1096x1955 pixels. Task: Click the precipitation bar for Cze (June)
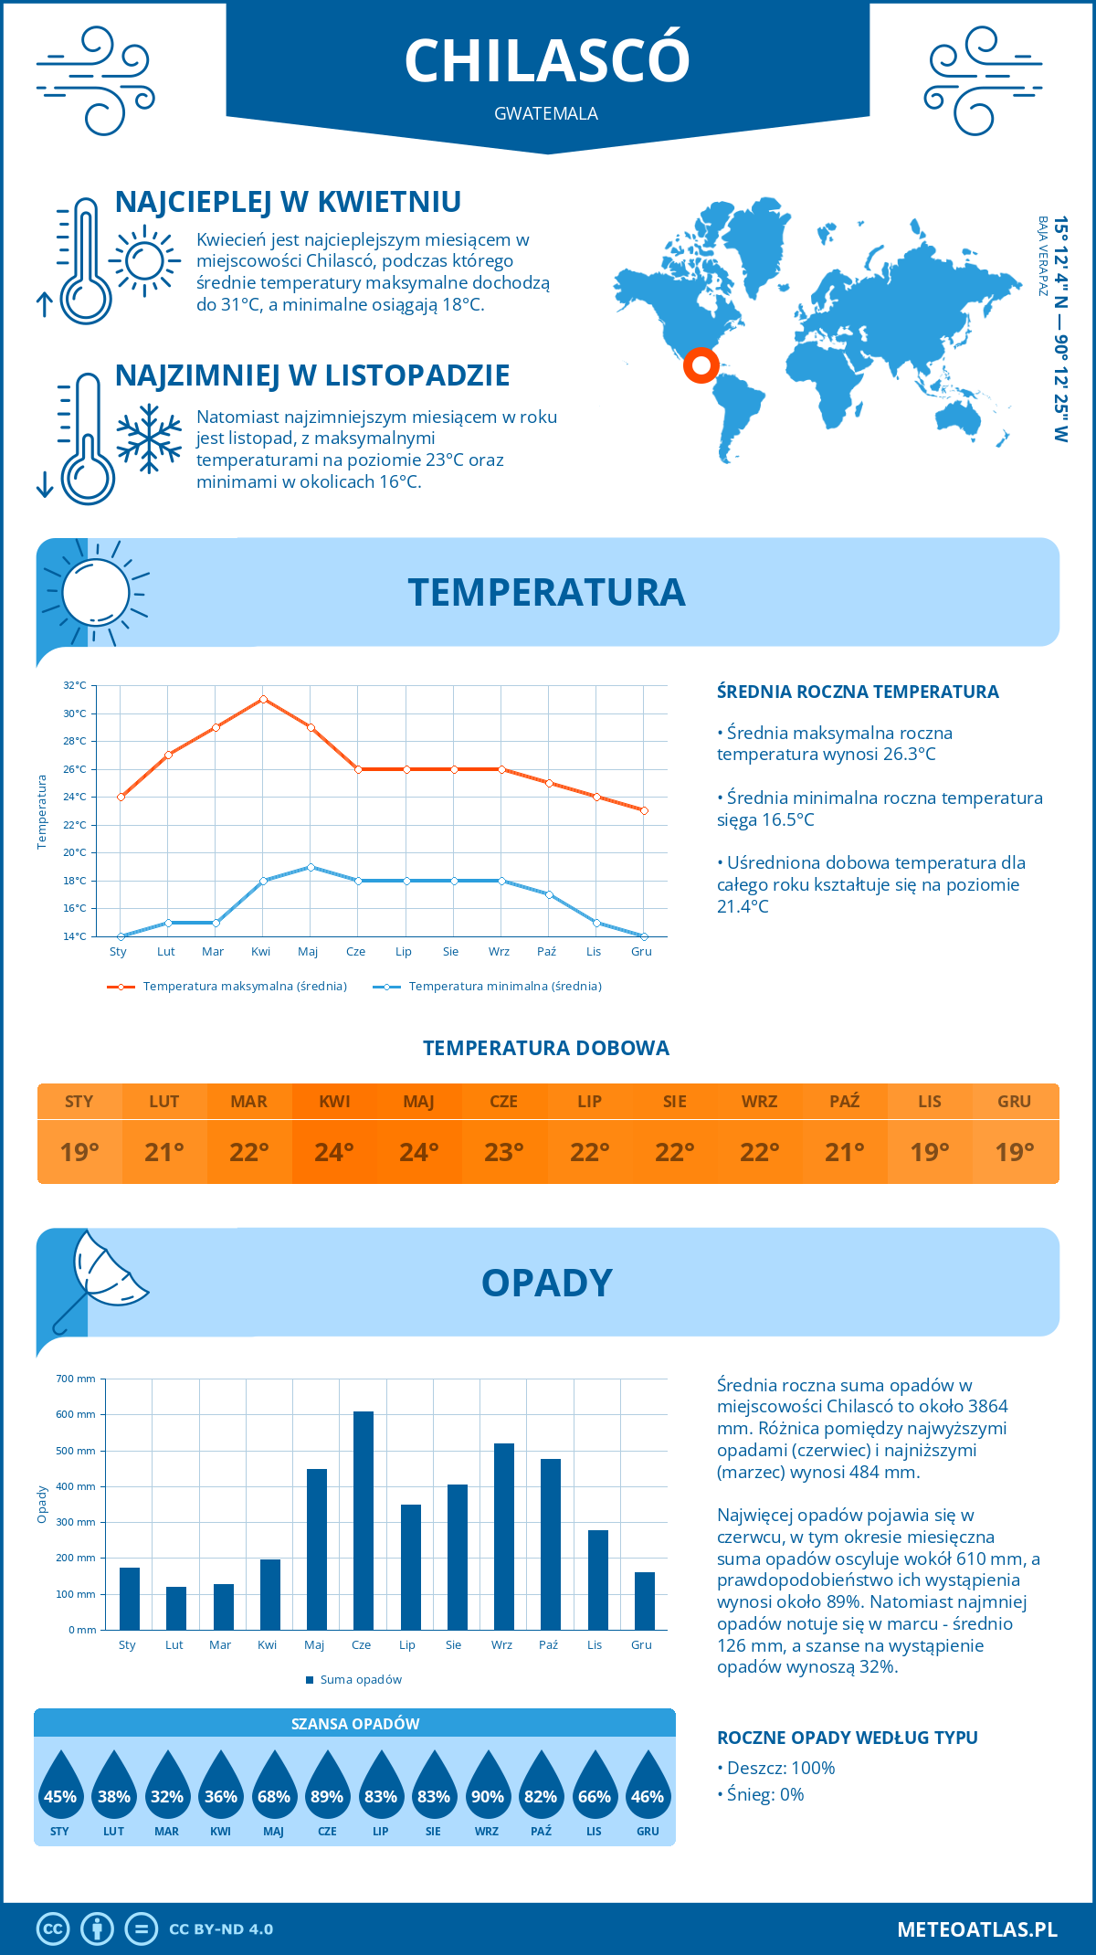coord(363,1520)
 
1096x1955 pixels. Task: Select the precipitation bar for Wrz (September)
coord(503,1537)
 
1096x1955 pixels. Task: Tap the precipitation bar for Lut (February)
coord(176,1608)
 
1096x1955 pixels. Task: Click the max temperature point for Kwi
coord(263,699)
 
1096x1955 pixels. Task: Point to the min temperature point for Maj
coord(311,867)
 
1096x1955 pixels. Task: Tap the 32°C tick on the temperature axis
coord(75,685)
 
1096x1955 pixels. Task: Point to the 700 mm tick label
coord(76,1379)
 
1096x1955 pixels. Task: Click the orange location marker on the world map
coord(701,365)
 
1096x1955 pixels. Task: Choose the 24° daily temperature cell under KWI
coord(334,1152)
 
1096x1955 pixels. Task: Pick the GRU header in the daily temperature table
coord(1014,1102)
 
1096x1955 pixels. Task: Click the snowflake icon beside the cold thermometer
coord(149,439)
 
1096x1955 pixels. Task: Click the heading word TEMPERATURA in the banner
coord(546,592)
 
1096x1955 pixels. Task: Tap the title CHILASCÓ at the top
coord(546,61)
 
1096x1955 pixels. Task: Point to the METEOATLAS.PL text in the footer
coord(976,1929)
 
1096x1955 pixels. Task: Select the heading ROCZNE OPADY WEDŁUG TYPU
coord(847,1738)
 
